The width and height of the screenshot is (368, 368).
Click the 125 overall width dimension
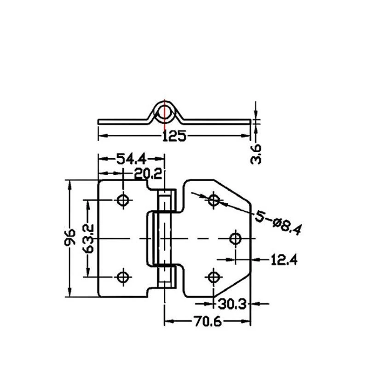coord(174,136)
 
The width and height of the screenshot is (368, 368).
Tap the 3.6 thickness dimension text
coord(256,154)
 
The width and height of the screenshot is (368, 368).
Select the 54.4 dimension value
coord(132,159)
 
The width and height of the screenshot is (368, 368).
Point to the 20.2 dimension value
coord(148,174)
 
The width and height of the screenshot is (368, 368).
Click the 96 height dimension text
coord(70,237)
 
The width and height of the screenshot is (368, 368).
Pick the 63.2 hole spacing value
coord(88,238)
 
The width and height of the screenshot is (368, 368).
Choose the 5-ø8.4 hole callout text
coord(278,222)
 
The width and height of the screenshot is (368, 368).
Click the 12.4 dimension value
coord(284,260)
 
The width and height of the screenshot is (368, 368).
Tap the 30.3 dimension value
coord(232,305)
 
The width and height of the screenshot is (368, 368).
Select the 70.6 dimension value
coord(207,321)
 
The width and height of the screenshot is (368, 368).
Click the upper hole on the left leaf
coord(123,200)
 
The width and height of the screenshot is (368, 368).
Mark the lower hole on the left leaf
coord(123,277)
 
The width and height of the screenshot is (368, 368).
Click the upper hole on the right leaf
coord(213,200)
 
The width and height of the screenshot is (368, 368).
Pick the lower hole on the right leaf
coord(213,277)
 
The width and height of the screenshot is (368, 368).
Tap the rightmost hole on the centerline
coord(235,239)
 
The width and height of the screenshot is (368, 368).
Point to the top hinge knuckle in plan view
coord(167,200)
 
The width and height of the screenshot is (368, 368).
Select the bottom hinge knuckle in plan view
coord(167,277)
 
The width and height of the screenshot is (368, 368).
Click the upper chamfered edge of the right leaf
coord(232,191)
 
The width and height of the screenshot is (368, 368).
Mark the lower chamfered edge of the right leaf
coord(232,285)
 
